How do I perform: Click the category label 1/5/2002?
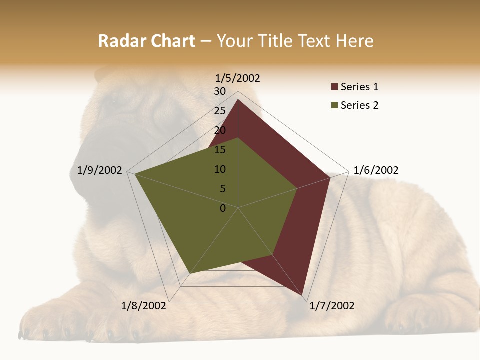click(x=238, y=78)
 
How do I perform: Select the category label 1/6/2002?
click(x=376, y=170)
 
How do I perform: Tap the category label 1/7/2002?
click(x=332, y=306)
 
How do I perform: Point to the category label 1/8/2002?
click(x=144, y=306)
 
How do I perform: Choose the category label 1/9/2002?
click(x=100, y=170)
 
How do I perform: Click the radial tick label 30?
click(x=220, y=91)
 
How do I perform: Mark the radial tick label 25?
click(x=220, y=111)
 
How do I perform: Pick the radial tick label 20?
click(x=220, y=130)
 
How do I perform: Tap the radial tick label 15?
click(x=220, y=150)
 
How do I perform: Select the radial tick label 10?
click(x=220, y=169)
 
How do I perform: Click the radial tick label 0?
click(x=223, y=208)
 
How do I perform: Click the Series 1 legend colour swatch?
click(x=334, y=87)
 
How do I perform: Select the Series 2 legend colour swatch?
click(x=334, y=105)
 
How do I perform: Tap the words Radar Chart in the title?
click(x=146, y=41)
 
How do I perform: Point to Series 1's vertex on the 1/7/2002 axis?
click(x=303, y=295)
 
